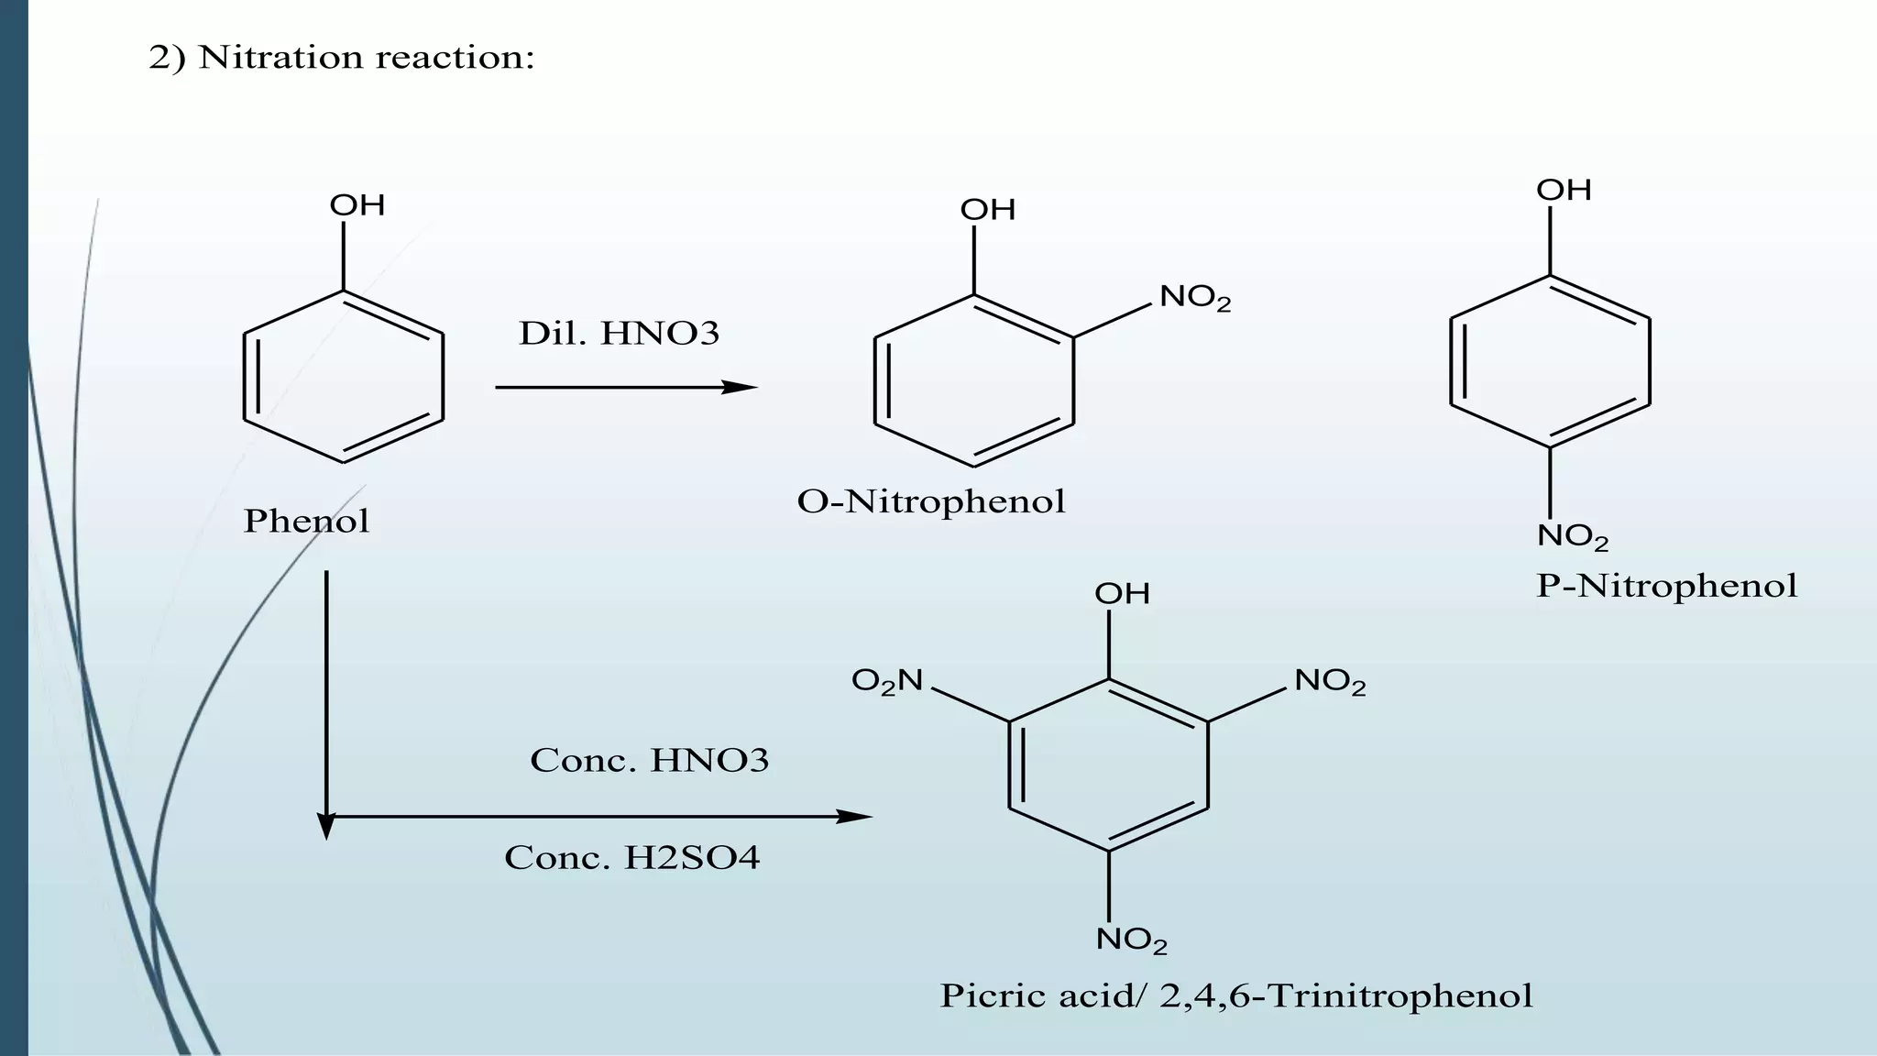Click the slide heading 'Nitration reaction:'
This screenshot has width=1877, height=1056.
coord(367,58)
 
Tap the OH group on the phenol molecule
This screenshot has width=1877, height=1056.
coord(357,205)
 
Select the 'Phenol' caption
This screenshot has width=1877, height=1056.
coord(306,521)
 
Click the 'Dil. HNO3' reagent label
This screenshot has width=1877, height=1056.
coord(620,334)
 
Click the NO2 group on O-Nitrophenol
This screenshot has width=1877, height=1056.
coord(1195,298)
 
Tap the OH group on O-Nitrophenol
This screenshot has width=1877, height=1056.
coord(988,210)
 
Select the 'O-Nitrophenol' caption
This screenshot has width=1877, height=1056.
coord(931,501)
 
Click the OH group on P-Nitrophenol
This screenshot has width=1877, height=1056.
coord(1564,191)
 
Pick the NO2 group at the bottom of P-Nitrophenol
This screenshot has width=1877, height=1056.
coord(1573,536)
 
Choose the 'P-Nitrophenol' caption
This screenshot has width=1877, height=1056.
coord(1666,586)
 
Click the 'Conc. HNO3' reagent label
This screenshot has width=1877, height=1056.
coord(650,761)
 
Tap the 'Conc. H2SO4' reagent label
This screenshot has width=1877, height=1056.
coord(632,858)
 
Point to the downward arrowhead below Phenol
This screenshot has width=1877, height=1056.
coord(326,828)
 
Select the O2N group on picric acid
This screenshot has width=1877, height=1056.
coord(887,681)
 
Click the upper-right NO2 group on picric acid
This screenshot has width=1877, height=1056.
coord(1330,681)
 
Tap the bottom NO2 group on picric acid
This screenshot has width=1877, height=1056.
coord(1132,940)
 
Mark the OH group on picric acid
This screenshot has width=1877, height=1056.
coord(1122,594)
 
